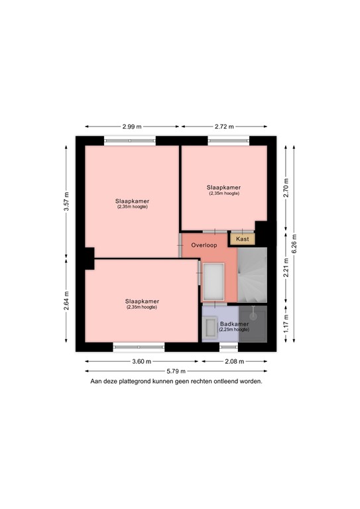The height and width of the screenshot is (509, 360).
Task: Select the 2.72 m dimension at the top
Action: (x=225, y=125)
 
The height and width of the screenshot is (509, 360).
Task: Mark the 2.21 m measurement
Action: (x=286, y=273)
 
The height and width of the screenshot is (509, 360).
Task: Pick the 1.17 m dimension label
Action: (x=286, y=323)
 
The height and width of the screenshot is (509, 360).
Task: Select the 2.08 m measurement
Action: (x=235, y=361)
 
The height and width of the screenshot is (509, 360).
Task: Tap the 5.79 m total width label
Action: (x=176, y=370)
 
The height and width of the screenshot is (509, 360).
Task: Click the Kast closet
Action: (x=243, y=238)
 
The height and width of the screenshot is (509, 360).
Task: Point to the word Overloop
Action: (x=204, y=245)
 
